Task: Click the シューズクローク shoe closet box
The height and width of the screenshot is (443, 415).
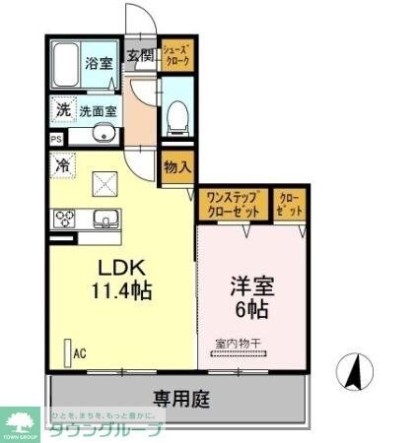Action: [x=177, y=54]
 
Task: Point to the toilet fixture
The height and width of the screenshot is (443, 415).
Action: [x=177, y=119]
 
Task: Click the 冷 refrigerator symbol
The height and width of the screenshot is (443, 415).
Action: [x=62, y=165]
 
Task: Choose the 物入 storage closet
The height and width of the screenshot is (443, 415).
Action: [x=177, y=167]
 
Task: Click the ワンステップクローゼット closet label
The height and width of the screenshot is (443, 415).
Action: [x=233, y=205]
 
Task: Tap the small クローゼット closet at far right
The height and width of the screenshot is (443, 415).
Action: [x=290, y=205]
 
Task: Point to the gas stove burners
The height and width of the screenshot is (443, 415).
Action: [x=63, y=219]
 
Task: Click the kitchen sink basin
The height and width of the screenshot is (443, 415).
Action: [x=105, y=219]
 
